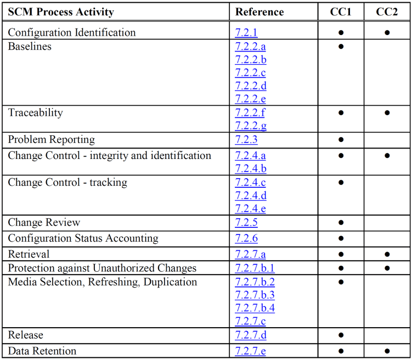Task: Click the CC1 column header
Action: tap(341, 12)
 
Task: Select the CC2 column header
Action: tap(387, 12)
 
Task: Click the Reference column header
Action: tap(259, 12)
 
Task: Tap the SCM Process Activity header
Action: tap(61, 12)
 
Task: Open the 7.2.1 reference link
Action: tap(246, 32)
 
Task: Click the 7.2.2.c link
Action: tap(251, 73)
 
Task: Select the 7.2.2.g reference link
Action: tap(251, 126)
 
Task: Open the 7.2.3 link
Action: tap(246, 140)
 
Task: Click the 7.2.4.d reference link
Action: tap(251, 196)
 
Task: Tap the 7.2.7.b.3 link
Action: tap(255, 295)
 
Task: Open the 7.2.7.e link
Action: tap(250, 351)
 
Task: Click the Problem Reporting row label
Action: tap(51, 140)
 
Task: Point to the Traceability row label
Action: tap(35, 113)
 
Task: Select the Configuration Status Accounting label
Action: tap(83, 238)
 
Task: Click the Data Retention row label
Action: tap(42, 351)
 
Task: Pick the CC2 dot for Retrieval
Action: tap(387, 254)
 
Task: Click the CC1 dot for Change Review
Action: tap(341, 222)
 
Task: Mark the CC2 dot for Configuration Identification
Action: tap(387, 32)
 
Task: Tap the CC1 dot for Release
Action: tap(341, 335)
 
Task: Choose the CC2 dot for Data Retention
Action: tap(387, 351)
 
